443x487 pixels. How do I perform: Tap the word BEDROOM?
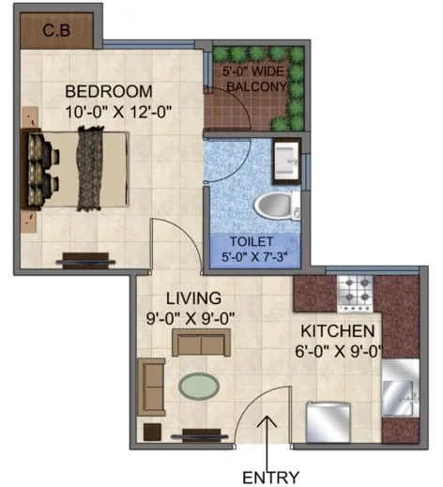108,91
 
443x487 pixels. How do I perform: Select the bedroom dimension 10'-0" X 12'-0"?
119,113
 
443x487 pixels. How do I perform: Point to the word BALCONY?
255,87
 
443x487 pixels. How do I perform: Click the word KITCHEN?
338,332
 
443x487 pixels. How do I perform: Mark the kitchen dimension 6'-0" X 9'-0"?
342,354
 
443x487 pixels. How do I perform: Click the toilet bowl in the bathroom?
274,203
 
